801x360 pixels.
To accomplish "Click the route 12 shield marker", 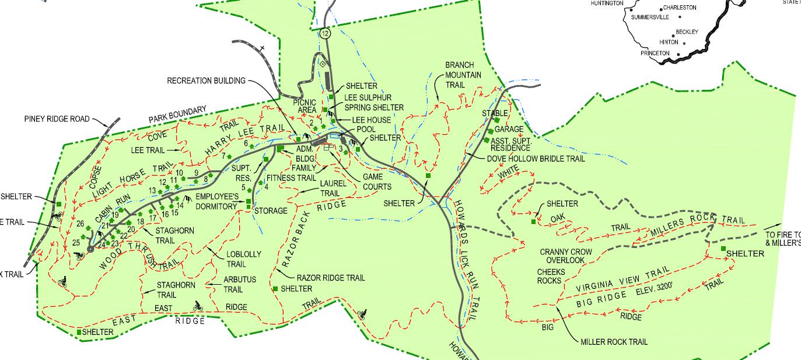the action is pos(325,34).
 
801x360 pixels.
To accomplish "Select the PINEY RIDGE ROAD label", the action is pos(57,119).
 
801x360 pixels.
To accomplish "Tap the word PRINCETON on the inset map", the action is pos(655,53).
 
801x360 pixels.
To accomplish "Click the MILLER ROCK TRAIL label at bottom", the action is pos(614,342).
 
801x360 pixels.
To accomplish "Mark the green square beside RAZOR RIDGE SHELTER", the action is pos(275,289).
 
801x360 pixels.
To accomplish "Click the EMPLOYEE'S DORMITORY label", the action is pos(217,201).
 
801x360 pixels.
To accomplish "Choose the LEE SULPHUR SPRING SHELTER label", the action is pos(373,103).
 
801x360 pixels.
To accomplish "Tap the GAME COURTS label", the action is pos(377,181).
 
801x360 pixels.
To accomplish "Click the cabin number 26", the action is pos(81,223).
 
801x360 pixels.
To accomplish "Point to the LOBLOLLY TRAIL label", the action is pos(244,258).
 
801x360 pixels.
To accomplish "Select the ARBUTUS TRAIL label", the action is pos(240,284).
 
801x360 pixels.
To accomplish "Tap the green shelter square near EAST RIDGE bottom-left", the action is pos(79,332).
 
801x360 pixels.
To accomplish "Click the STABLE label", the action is pos(495,113).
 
